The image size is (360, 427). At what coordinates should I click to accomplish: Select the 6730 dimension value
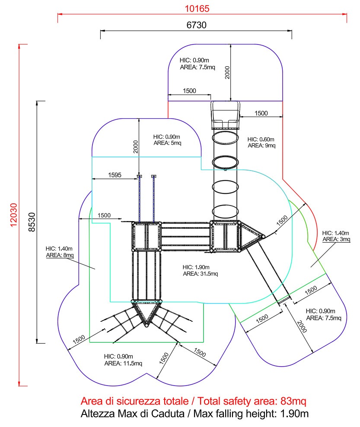click(x=196, y=25)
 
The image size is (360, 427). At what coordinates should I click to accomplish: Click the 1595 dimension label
click(x=114, y=175)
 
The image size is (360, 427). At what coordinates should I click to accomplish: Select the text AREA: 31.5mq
click(x=201, y=274)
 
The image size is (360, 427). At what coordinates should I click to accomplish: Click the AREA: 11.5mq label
click(x=123, y=363)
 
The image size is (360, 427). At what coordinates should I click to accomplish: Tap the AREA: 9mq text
click(x=261, y=145)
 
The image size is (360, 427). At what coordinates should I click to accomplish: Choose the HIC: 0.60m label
click(x=261, y=139)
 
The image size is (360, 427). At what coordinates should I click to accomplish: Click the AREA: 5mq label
click(x=168, y=143)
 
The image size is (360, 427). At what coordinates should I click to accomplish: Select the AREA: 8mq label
click(x=60, y=255)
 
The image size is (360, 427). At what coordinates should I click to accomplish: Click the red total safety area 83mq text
click(x=194, y=401)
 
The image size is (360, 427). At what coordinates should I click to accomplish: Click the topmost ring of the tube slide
click(x=225, y=137)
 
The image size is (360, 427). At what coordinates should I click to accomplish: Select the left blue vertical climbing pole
click(x=139, y=198)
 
